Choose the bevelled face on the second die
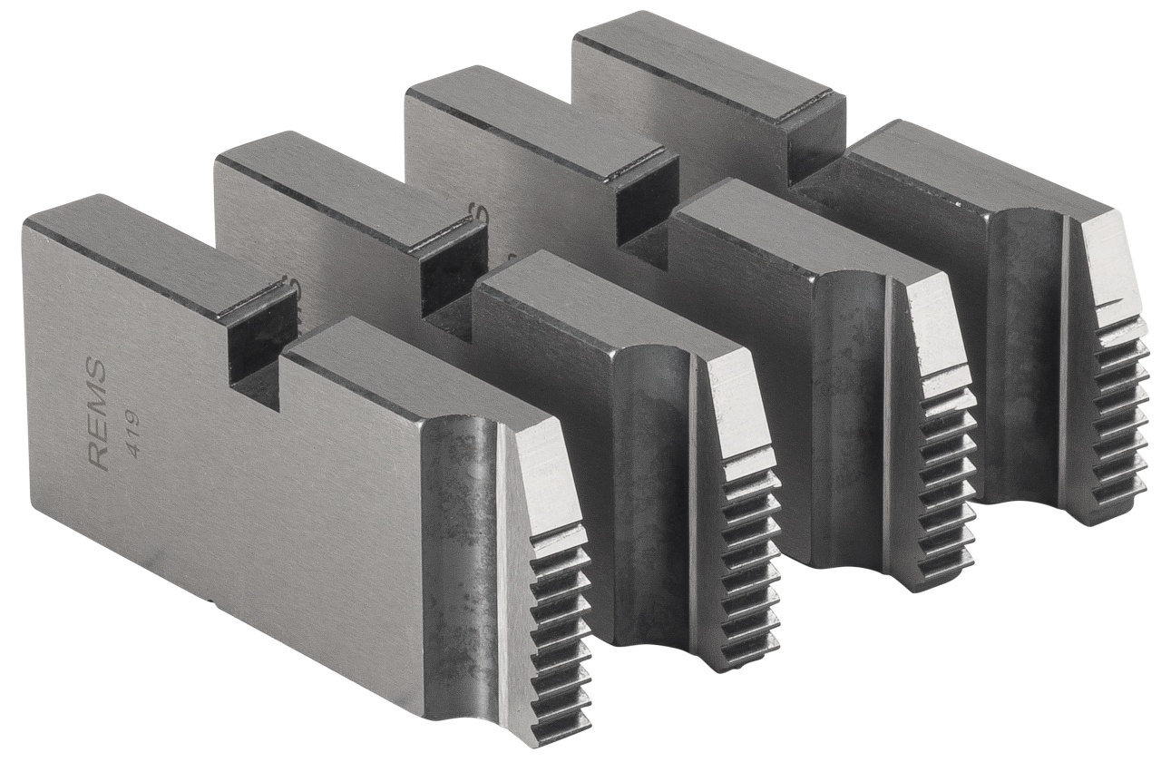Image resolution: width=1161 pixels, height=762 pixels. (735, 408)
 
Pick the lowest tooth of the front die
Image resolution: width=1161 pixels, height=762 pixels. (561, 722)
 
